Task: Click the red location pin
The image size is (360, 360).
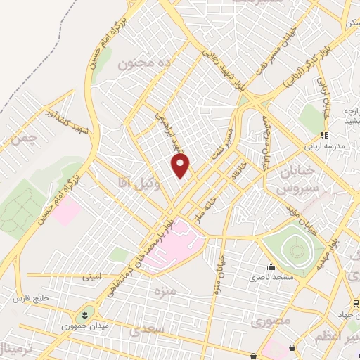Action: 181,166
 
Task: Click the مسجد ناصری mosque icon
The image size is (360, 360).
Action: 271,266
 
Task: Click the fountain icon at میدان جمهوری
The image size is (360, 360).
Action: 85,312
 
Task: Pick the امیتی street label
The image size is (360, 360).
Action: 92,276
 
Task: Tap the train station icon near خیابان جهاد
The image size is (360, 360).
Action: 356,304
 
